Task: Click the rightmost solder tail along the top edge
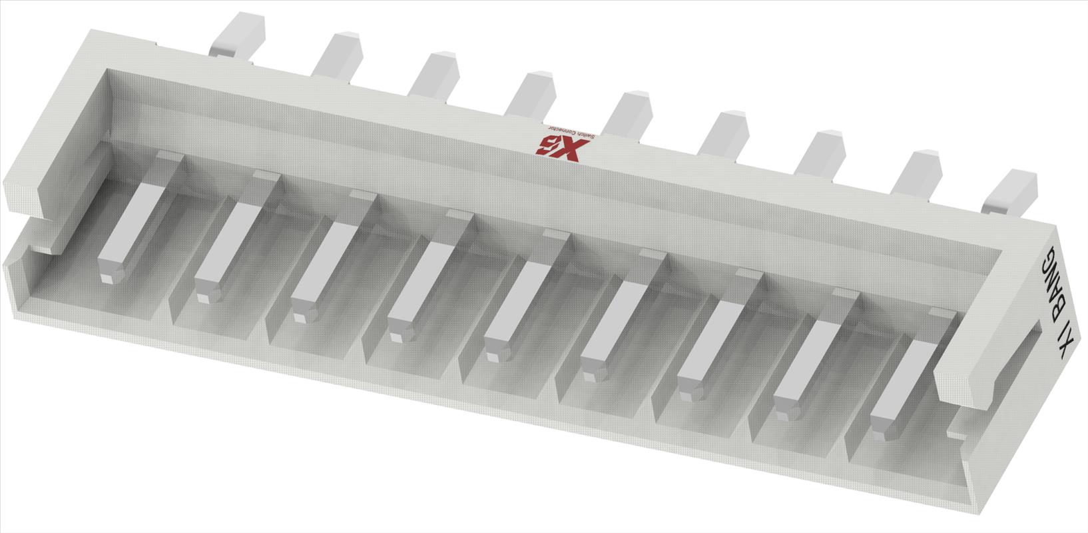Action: (1011, 191)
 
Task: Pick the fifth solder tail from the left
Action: (629, 113)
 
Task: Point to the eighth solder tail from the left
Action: (918, 172)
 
